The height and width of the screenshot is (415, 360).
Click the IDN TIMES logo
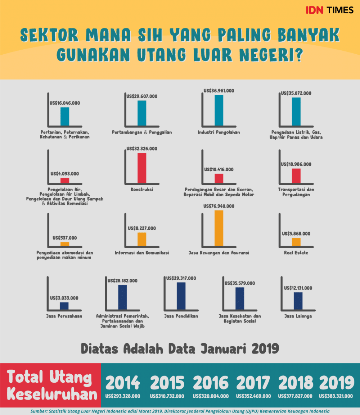329,10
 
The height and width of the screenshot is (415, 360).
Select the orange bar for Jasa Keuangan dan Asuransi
219,228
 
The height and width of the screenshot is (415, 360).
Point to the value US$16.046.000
65,103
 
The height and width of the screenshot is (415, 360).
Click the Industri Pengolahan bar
219,110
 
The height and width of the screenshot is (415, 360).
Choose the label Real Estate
296,253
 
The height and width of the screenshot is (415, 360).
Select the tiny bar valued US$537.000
65,244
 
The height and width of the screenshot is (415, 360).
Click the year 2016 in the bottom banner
211,383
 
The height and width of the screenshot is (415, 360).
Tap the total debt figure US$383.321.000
337,396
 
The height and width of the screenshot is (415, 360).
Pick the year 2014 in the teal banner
122,383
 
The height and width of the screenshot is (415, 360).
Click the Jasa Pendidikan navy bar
181,296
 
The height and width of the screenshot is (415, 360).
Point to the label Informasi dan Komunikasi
141,253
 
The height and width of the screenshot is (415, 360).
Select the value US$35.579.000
239,283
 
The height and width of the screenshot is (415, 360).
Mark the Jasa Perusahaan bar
64,306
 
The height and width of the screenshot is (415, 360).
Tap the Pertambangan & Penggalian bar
141,113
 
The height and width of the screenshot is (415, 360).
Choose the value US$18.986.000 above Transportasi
296,164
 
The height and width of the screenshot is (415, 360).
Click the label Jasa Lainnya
298,316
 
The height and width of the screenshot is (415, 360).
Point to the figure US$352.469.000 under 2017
253,396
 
